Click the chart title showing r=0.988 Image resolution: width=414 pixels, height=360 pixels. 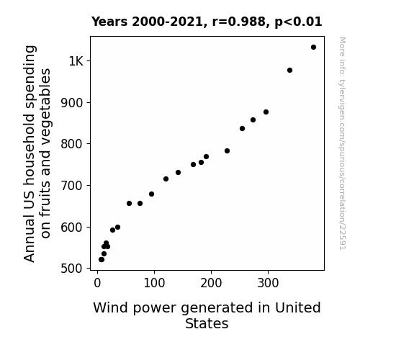tap(207, 22)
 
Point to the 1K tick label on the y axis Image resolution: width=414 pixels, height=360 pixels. tap(76, 61)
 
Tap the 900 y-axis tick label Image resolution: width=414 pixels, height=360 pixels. tap(72, 103)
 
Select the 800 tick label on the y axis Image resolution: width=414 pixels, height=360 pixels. tap(72, 144)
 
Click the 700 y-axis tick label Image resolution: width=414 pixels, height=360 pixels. tap(72, 186)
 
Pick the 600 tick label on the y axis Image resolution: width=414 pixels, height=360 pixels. tap(72, 227)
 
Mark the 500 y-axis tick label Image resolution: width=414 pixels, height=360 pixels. tap(72, 269)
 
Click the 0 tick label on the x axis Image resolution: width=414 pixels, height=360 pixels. tap(97, 283)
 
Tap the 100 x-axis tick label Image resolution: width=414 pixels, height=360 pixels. tap(154, 283)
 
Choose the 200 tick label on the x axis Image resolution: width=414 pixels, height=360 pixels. tap(211, 283)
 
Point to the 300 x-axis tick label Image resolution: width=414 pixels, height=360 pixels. tap(268, 283)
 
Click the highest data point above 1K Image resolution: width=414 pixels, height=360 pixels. tap(313, 48)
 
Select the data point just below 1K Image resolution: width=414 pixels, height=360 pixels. tap(289, 71)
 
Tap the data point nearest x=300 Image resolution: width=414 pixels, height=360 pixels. tap(266, 112)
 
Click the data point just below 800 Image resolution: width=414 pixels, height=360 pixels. tap(227, 150)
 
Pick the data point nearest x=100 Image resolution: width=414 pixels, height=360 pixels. tap(151, 194)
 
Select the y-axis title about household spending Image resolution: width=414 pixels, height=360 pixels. tap(37, 153)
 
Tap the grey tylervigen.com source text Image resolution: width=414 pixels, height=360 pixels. tap(342, 143)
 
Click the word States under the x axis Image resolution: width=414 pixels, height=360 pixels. tap(207, 323)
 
